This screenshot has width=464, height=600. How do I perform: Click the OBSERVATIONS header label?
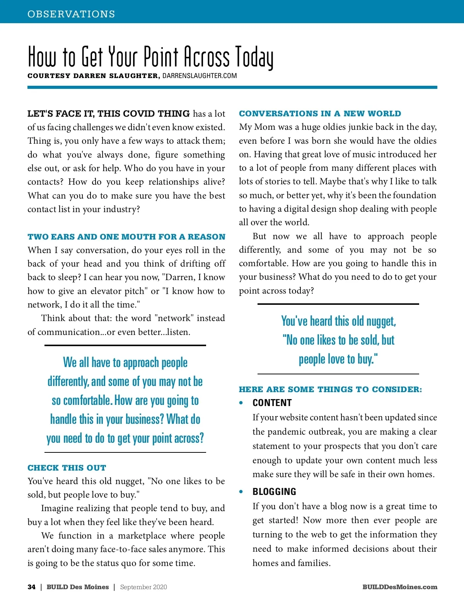pos(71,14)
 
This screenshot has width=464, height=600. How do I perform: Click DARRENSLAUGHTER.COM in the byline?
pos(200,76)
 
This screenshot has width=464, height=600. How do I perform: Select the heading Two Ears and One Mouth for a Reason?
pos(126,237)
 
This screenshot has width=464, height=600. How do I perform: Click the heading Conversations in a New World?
pos(320,114)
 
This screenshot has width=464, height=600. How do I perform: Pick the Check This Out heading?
pos(67,468)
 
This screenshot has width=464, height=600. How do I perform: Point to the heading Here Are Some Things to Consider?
pos(330,389)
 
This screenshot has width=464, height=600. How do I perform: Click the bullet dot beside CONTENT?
pos(241,403)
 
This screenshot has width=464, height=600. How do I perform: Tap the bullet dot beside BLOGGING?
pos(241,492)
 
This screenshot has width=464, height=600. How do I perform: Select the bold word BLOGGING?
pos(274,492)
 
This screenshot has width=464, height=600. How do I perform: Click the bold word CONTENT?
pos(272,403)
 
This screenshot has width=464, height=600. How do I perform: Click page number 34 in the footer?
pos(31,587)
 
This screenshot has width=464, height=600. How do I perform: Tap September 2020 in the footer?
pos(143,587)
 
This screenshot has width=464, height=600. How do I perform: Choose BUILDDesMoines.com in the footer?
pos(400,587)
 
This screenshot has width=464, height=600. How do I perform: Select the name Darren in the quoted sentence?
pos(179,277)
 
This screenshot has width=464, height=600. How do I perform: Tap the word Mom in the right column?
pos(264,127)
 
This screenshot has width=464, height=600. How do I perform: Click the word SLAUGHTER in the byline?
pos(134,76)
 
